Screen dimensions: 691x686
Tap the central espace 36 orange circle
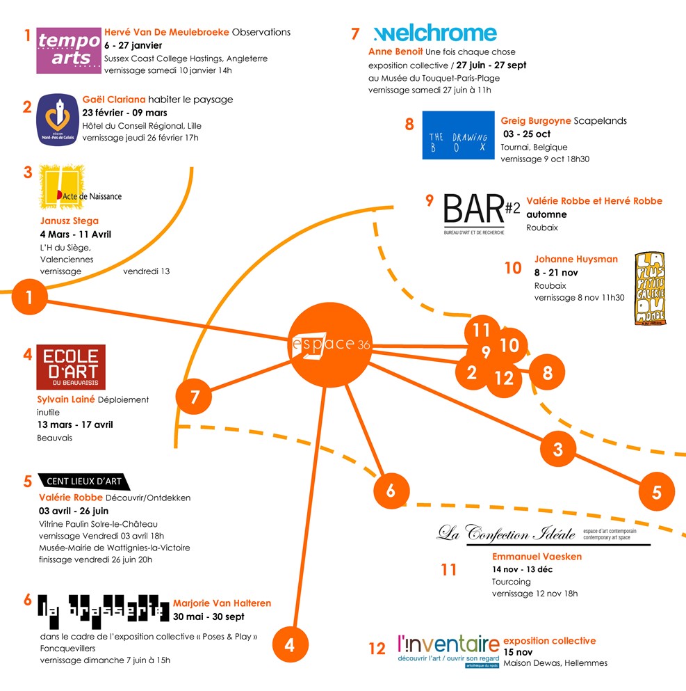[326, 344]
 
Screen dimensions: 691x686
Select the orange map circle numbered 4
[289, 645]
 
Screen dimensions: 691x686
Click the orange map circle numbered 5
[656, 492]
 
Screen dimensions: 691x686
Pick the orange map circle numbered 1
[28, 298]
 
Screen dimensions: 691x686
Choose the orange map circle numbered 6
[391, 491]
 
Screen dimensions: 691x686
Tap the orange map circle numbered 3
[557, 449]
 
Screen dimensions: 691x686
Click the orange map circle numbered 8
[548, 373]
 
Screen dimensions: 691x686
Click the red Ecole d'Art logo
[71, 367]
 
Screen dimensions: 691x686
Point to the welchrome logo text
[435, 33]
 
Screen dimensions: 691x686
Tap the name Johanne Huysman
[575, 259]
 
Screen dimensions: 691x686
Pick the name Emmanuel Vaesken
[537, 556]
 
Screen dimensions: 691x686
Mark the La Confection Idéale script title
[506, 534]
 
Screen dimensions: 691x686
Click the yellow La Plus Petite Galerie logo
[650, 287]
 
